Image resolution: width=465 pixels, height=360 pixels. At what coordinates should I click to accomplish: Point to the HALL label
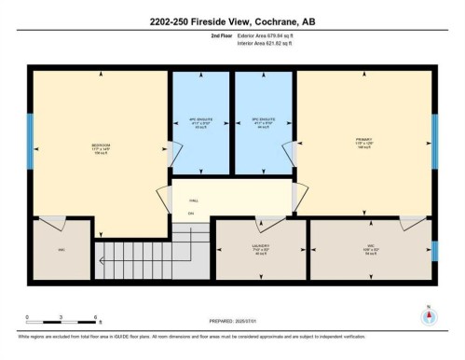click(194, 200)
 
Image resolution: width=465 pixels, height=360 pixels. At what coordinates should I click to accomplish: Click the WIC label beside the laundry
click(371, 248)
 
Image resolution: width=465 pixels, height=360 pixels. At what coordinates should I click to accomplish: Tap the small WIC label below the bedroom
click(61, 249)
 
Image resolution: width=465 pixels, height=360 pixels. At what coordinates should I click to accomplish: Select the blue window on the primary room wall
click(434, 140)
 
